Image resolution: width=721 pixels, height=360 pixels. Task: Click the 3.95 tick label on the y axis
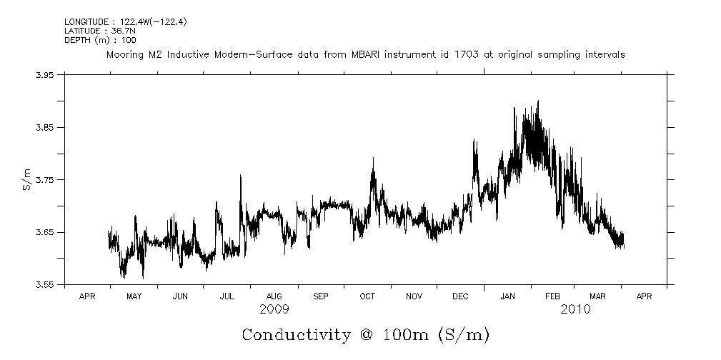(45, 75)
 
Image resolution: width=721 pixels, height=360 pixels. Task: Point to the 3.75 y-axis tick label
(45, 180)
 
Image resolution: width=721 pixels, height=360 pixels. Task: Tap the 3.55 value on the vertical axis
(45, 285)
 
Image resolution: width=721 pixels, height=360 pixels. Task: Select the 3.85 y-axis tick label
(45, 128)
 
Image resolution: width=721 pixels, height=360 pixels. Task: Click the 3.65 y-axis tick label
(45, 233)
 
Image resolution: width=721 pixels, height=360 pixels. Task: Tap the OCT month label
(367, 296)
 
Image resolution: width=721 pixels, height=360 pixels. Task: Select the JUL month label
(227, 296)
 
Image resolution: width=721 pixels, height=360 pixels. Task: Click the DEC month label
(460, 296)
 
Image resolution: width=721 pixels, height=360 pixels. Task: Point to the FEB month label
(554, 296)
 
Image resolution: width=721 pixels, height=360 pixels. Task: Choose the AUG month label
(274, 296)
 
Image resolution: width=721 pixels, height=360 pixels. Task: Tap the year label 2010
(575, 309)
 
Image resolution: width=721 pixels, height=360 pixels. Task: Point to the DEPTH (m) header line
(100, 40)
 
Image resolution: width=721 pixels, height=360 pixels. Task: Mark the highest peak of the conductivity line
(537, 101)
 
